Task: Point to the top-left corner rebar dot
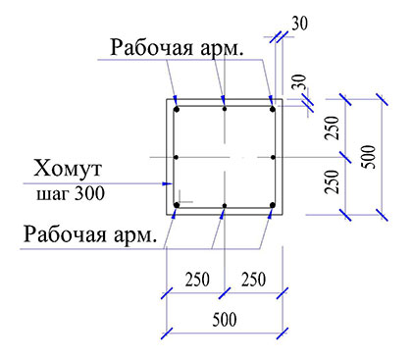[x=177, y=109]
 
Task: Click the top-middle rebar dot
[x=225, y=108]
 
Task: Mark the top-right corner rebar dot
[x=272, y=109]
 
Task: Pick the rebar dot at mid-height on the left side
[x=176, y=157]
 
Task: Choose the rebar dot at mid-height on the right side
[x=273, y=157]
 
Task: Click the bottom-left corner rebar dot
[x=177, y=205]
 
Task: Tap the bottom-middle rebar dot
[x=225, y=206]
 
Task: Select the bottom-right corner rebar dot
[x=272, y=205]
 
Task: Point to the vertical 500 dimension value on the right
[x=368, y=155]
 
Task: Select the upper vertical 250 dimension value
[x=334, y=130]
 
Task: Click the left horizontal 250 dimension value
[x=196, y=280]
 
